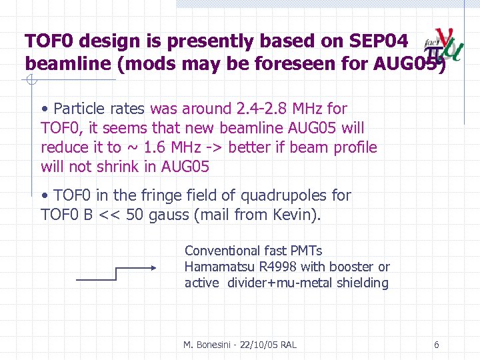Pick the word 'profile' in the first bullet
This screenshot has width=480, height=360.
(x=352, y=147)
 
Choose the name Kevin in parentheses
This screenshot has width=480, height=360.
(x=293, y=215)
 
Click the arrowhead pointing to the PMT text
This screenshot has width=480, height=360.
(x=153, y=268)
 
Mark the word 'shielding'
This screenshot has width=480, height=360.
(x=362, y=283)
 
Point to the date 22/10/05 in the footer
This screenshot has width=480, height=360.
(x=255, y=345)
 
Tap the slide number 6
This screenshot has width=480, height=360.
(x=436, y=345)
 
